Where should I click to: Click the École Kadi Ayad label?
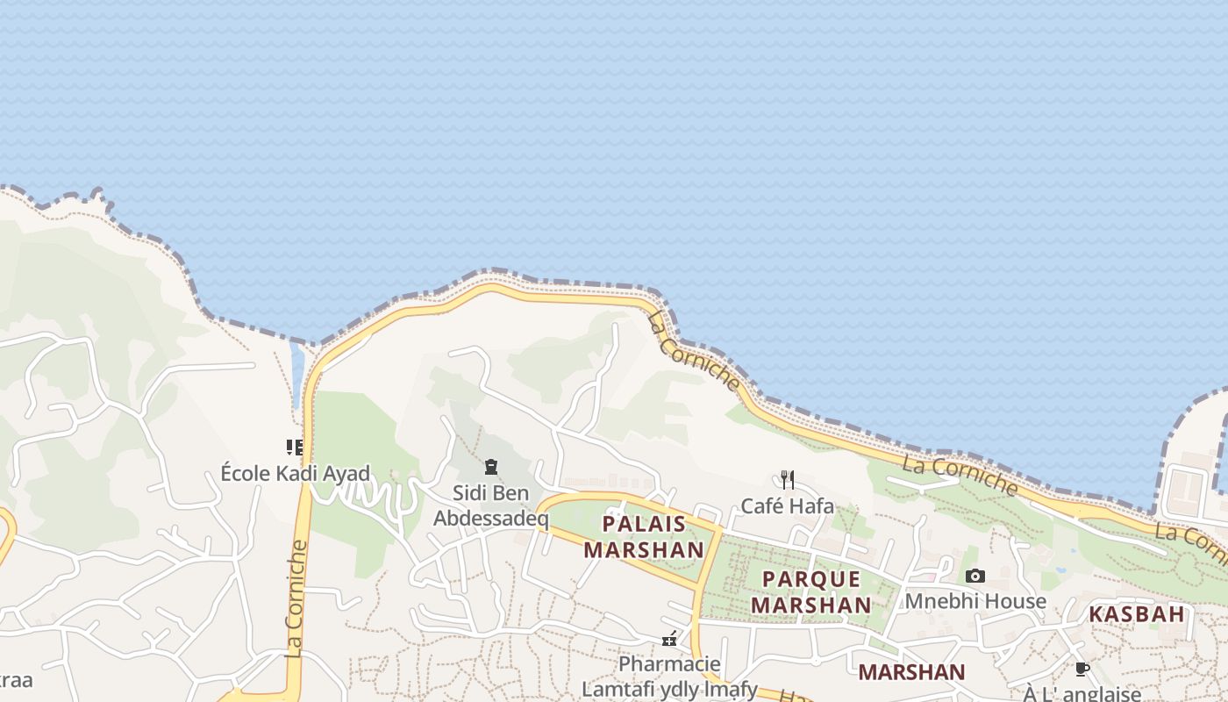click(295, 473)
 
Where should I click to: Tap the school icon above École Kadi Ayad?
click(295, 448)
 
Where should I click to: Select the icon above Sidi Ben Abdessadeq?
click(491, 466)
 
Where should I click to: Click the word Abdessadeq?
click(491, 519)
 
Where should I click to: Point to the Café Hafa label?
click(788, 505)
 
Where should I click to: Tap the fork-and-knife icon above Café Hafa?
click(788, 479)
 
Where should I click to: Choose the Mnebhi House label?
click(975, 601)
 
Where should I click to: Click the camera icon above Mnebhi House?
click(975, 576)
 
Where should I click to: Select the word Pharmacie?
click(669, 663)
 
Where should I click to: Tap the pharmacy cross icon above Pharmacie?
click(669, 639)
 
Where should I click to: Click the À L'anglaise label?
click(1082, 694)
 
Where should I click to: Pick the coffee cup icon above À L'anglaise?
click(1082, 669)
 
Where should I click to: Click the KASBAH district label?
click(1137, 614)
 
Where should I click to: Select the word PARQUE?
click(811, 579)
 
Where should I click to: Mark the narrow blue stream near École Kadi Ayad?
click(296, 373)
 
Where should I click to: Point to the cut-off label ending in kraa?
click(15, 680)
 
